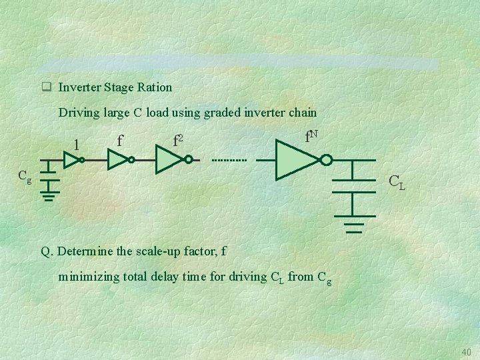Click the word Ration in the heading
click(155, 87)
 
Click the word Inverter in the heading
click(77, 87)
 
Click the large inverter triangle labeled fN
click(297, 161)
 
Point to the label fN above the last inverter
click(311, 137)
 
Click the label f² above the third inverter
click(178, 141)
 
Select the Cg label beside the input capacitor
click(25, 177)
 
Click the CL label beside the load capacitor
click(396, 179)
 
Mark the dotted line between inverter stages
click(229, 161)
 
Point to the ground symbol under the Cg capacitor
click(49, 196)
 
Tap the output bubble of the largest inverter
click(326, 161)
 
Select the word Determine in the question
click(84, 252)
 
